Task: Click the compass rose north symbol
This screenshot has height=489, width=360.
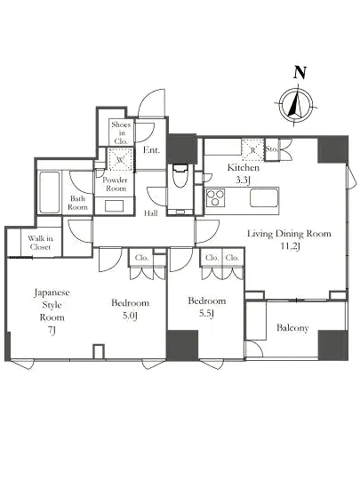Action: coord(296,104)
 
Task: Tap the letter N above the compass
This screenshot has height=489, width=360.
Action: coord(300,72)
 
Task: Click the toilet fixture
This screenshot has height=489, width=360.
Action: coord(180,176)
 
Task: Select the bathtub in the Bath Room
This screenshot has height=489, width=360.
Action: coord(50,192)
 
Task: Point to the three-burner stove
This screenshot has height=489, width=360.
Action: coord(215,197)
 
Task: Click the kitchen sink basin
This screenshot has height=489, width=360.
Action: coord(264,197)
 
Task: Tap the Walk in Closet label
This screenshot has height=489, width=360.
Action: coord(40,243)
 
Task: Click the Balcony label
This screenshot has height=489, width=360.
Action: coord(292,328)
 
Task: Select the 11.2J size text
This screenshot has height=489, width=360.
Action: coord(290,246)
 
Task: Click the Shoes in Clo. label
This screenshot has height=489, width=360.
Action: coord(121,132)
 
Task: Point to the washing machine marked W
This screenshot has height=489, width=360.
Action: coord(120,160)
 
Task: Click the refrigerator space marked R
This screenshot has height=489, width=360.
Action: coord(253,150)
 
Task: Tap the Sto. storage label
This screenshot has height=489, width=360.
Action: coord(271,149)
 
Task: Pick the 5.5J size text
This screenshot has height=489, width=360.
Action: coord(206,314)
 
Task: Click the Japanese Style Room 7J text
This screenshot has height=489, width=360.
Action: coord(52,311)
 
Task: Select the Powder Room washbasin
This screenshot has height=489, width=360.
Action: coord(114,206)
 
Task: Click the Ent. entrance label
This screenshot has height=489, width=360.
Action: coord(151,150)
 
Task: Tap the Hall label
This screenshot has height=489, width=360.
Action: coord(150,213)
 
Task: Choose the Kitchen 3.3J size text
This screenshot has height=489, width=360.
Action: coord(244,180)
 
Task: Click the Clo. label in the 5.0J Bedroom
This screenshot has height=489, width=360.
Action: coord(141,258)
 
